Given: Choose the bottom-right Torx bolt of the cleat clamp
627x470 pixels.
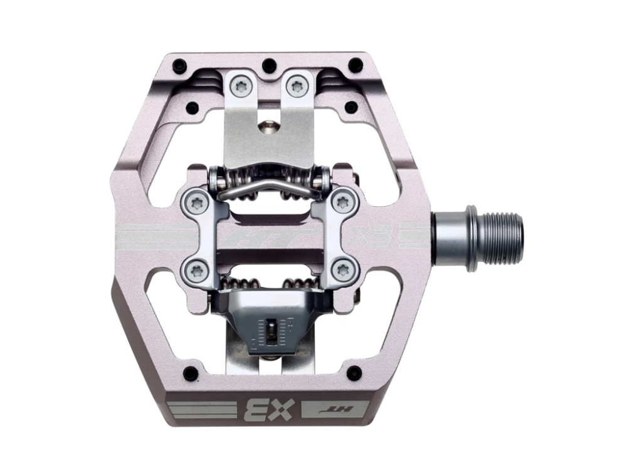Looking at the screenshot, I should coord(342,271).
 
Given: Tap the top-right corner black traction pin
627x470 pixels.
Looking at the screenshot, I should coord(356,65).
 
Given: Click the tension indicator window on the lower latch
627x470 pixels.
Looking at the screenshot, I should coord(271,330).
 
